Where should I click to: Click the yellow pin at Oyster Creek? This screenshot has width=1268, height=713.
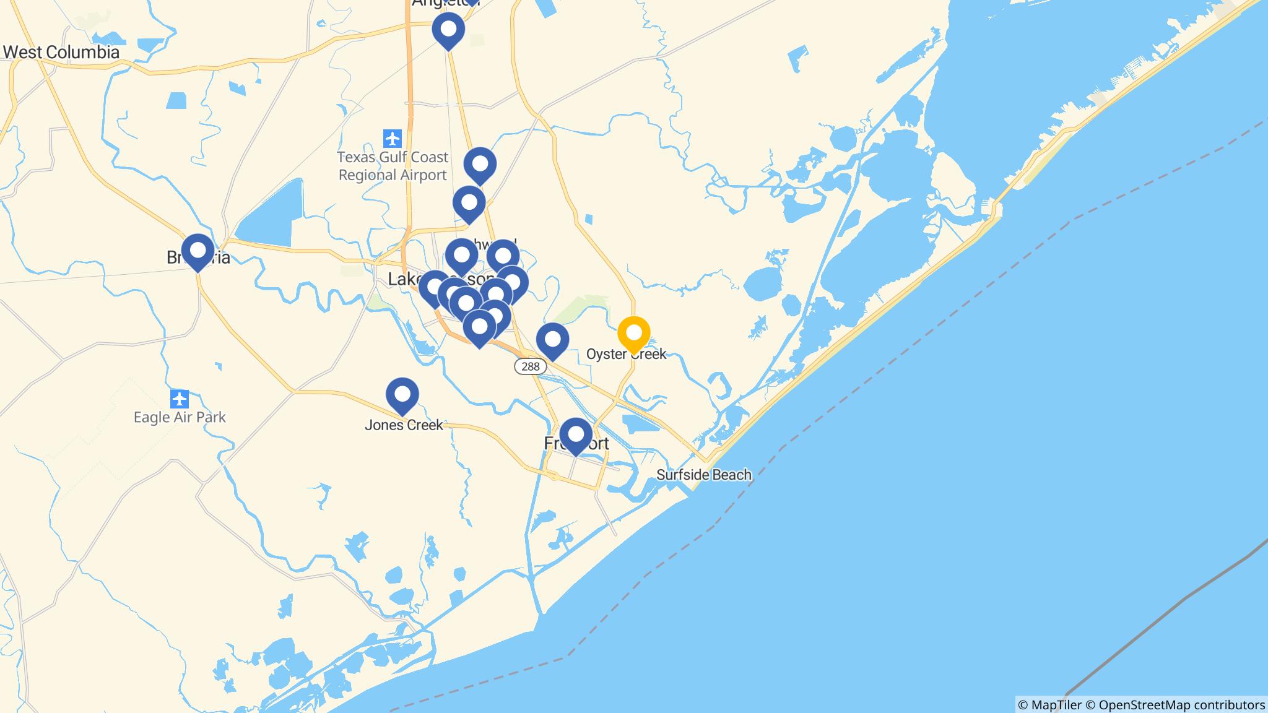633,333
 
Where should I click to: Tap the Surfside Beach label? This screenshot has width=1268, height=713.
703,475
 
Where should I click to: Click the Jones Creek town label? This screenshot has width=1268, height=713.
404,425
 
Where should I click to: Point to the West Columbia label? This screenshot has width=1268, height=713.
61,52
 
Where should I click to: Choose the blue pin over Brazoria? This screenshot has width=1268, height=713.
198,251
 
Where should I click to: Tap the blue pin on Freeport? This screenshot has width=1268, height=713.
576,434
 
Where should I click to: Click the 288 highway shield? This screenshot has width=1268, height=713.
531,366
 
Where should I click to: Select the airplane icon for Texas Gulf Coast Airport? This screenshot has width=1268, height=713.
392,138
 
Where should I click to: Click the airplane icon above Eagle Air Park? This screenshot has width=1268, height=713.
180,398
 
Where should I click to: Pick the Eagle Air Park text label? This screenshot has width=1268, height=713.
180,417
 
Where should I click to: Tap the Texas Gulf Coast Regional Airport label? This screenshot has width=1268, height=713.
393,166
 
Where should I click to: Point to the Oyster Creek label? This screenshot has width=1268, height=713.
627,354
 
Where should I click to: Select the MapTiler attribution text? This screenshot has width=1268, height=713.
1049,705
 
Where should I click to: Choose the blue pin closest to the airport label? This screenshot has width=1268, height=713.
480,165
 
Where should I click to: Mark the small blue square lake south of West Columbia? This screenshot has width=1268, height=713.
176,100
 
